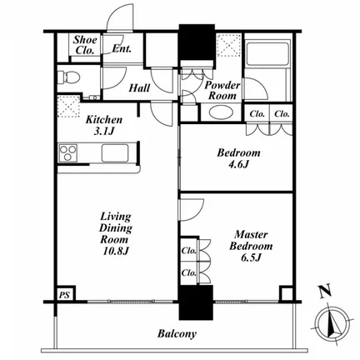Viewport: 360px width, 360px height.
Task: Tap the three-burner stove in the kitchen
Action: pyautogui.click(x=67, y=152)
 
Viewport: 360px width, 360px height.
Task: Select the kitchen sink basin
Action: pyautogui.click(x=115, y=152)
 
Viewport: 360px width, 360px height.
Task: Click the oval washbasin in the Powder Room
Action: pyautogui.click(x=221, y=112)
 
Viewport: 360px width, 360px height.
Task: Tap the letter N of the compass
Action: pyautogui.click(x=325, y=291)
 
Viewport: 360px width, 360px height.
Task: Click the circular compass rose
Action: pyautogui.click(x=332, y=324)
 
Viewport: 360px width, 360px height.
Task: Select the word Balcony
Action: pyautogui.click(x=177, y=333)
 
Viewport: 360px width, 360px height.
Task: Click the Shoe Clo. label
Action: pyautogui.click(x=85, y=45)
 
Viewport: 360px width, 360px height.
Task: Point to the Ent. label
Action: pyautogui.click(x=122, y=49)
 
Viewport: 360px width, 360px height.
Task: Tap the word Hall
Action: pyautogui.click(x=139, y=88)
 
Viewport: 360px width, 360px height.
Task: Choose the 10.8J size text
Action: pyautogui.click(x=116, y=251)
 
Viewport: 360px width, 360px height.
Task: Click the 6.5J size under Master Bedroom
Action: pyautogui.click(x=251, y=257)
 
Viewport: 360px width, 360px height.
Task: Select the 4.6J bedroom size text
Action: pyautogui.click(x=238, y=164)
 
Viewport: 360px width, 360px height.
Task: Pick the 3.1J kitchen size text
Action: pyautogui.click(x=104, y=131)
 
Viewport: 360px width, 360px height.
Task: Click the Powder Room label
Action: pyautogui.click(x=222, y=91)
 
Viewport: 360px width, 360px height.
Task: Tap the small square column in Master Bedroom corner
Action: pyautogui.click(x=286, y=294)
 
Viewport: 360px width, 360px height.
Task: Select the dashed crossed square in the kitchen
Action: pyautogui.click(x=68, y=107)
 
